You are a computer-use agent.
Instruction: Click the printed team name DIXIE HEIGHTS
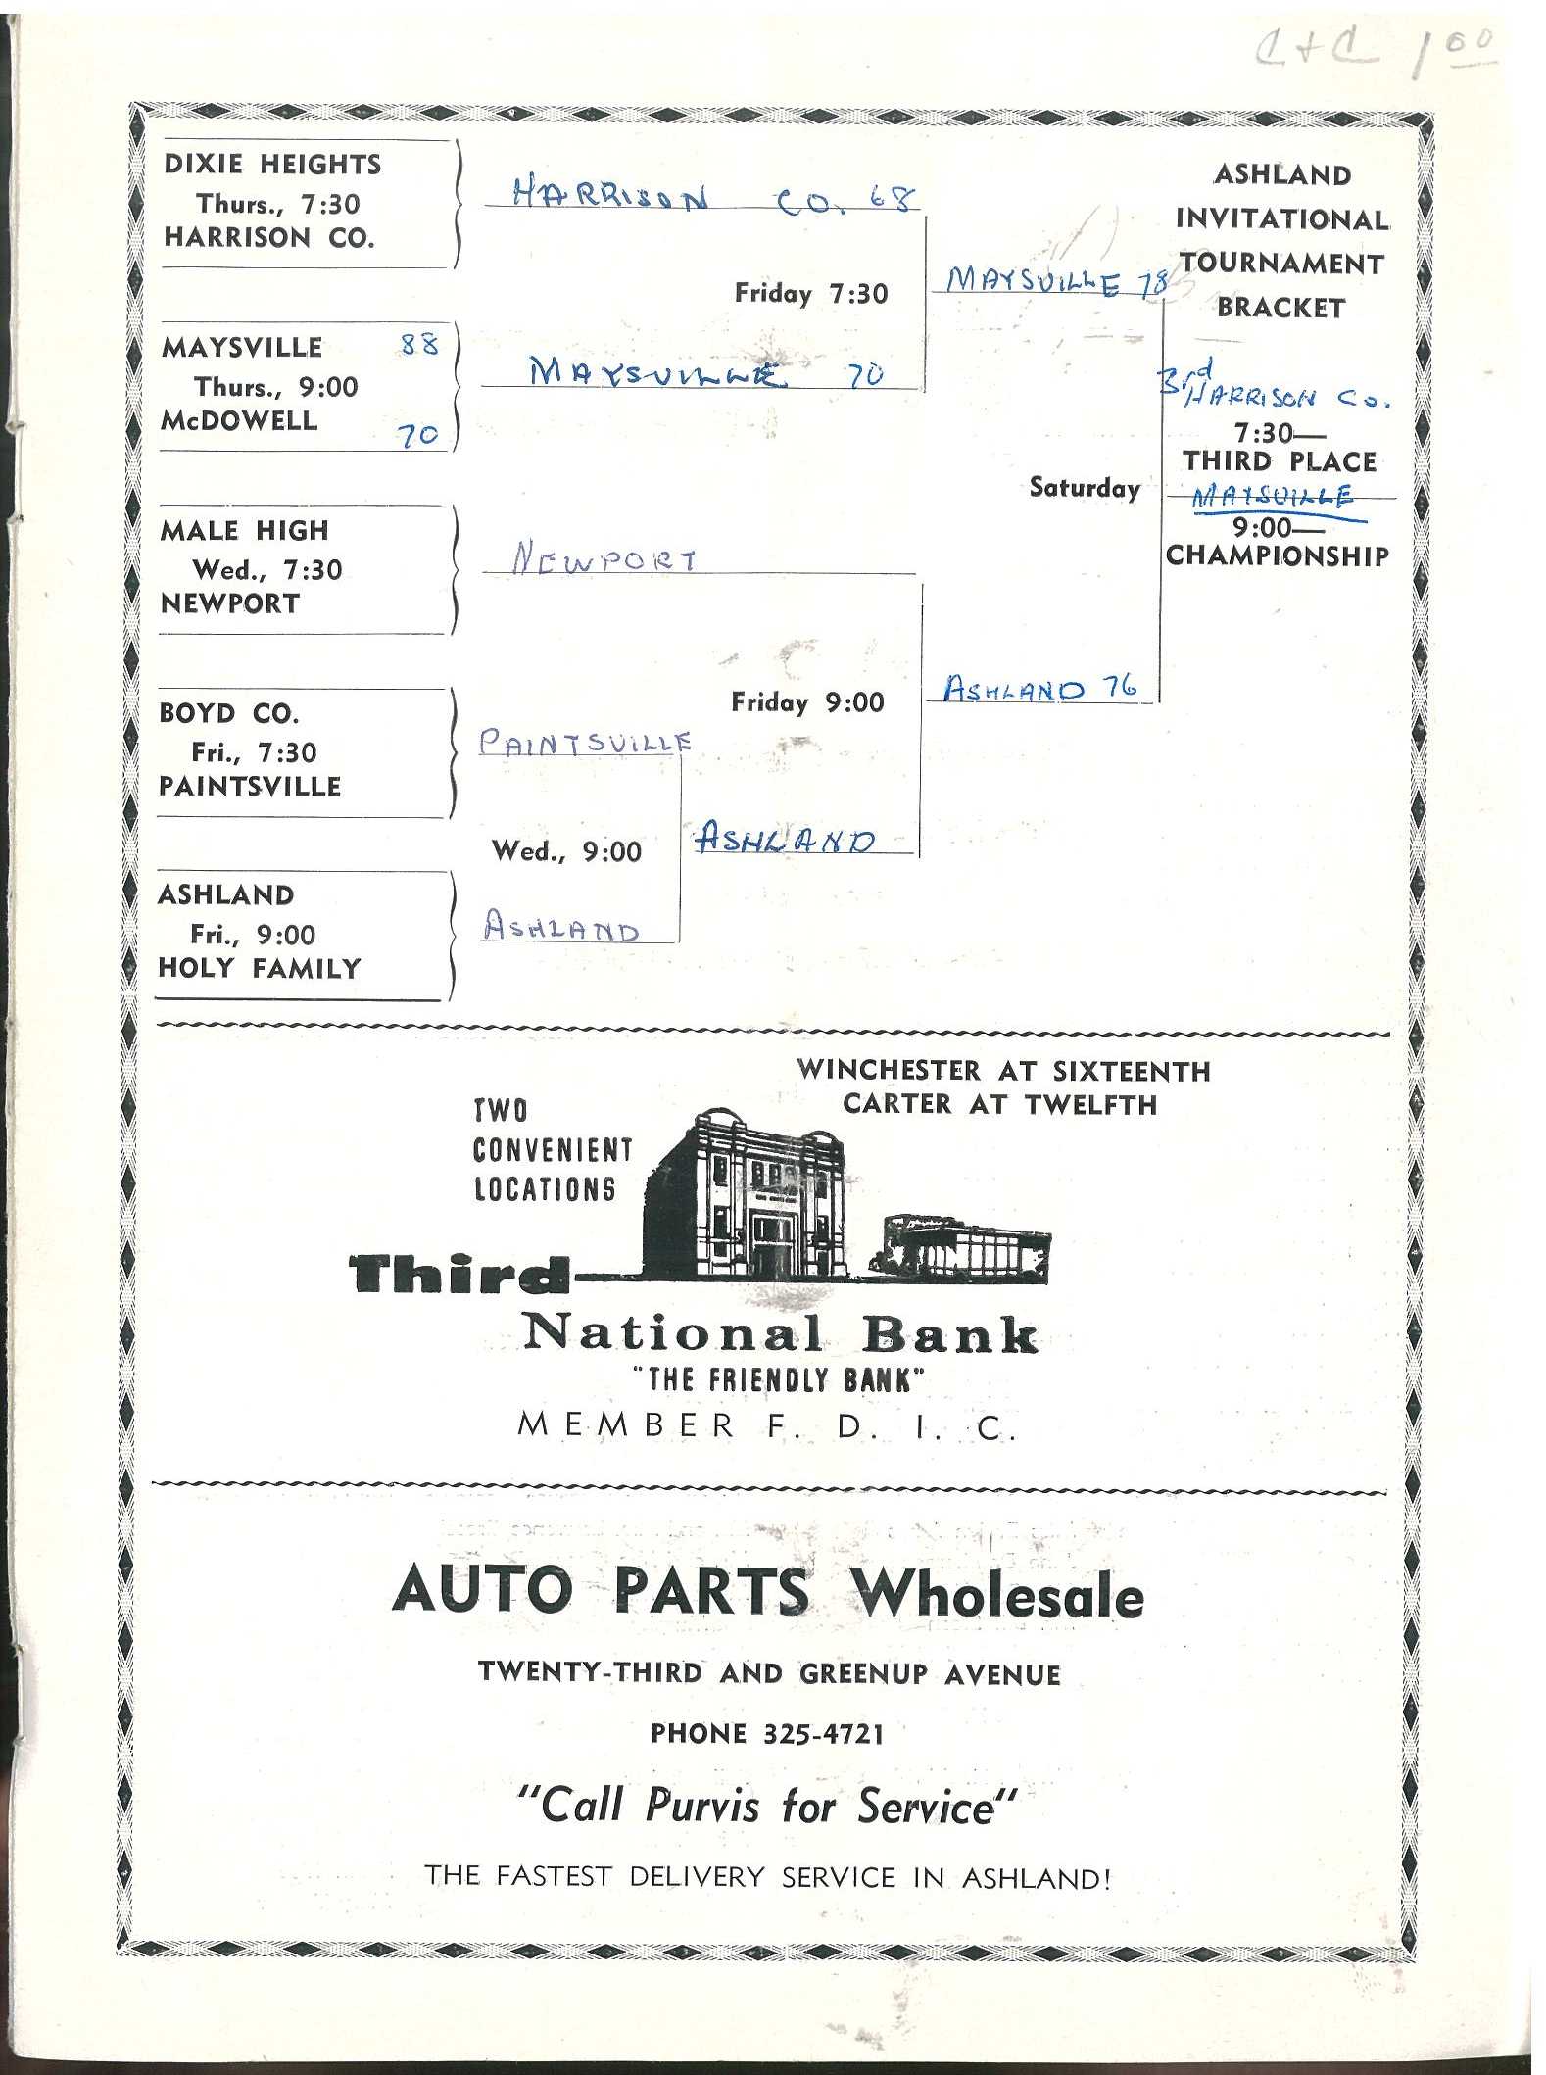(x=272, y=164)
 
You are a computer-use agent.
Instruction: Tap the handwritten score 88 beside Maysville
(x=419, y=344)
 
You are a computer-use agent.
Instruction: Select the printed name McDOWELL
(x=240, y=420)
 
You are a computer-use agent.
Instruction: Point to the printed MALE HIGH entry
(x=245, y=530)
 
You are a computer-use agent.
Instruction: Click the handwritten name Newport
(x=604, y=559)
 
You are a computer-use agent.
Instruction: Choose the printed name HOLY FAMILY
(x=260, y=968)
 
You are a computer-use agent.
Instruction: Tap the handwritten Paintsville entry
(x=585, y=743)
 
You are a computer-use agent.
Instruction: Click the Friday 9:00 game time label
(x=807, y=701)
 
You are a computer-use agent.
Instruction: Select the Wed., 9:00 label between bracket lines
(x=566, y=850)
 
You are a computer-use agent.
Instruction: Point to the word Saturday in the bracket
(x=1085, y=488)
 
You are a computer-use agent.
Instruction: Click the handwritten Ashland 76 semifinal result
(x=1039, y=689)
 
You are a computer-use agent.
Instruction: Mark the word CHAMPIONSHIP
(x=1278, y=555)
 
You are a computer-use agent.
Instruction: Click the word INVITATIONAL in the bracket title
(x=1281, y=218)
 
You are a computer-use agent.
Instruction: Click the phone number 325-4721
(x=823, y=1734)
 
